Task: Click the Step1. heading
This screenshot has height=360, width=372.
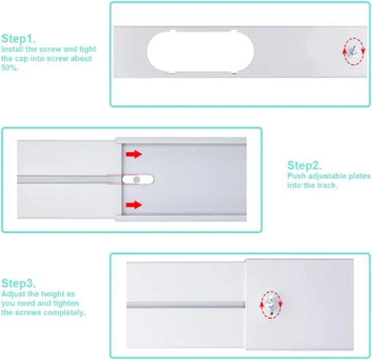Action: click(18, 39)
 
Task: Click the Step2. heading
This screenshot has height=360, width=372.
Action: click(304, 166)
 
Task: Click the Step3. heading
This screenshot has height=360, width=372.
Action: click(18, 283)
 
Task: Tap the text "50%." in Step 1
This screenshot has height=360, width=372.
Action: click(10, 68)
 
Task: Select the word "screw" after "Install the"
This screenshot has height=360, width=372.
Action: click(50, 49)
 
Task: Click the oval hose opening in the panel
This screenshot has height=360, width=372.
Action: click(200, 52)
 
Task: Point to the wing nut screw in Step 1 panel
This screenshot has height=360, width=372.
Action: click(354, 52)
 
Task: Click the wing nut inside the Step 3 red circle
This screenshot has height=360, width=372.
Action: click(271, 304)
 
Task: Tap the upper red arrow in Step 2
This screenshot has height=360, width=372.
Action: click(134, 154)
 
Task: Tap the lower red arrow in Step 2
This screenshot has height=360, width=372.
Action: click(134, 204)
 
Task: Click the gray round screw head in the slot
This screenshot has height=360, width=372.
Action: click(136, 180)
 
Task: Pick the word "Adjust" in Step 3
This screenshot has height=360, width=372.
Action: click(14, 294)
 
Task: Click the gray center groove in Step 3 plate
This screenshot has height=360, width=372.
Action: click(186, 305)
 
